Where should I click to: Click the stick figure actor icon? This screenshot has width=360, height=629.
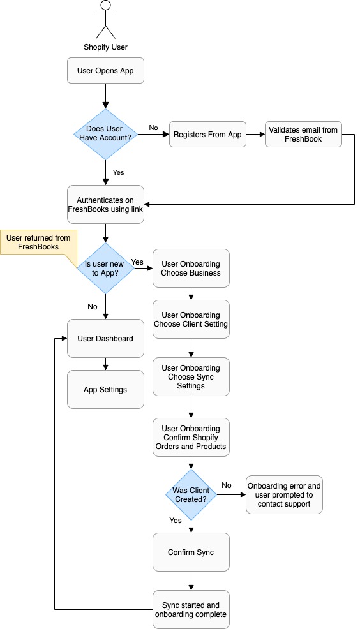tap(105, 20)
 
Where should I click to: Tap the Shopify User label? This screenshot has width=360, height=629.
tap(105, 47)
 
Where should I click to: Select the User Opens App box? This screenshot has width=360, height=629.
tap(105, 71)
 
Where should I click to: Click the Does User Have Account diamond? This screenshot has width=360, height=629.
tap(105, 134)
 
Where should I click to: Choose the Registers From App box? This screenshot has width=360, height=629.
tap(207, 135)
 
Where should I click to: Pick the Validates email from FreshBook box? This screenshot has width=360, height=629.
tap(303, 135)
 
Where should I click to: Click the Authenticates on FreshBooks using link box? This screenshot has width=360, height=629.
tap(105, 204)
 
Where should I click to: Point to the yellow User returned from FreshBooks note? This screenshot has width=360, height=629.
tap(38, 242)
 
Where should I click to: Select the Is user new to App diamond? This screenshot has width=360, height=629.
tap(105, 268)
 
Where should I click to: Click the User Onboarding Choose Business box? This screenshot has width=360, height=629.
tap(191, 268)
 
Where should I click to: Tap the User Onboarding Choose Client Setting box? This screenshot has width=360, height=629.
tap(191, 320)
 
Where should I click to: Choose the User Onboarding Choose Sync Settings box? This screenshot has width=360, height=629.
tap(191, 377)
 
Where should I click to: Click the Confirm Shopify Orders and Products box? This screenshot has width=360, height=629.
tap(191, 438)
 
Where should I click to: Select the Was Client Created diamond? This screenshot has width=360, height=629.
tap(191, 494)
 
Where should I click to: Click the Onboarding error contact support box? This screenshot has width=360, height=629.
tap(284, 494)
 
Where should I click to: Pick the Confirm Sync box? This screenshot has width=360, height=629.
tap(191, 552)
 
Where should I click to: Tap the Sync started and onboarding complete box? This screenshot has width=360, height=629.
tap(191, 610)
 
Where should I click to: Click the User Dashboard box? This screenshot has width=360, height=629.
tap(105, 339)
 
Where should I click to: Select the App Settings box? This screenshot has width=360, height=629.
tap(105, 390)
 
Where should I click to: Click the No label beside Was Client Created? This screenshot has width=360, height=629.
tap(227, 485)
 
